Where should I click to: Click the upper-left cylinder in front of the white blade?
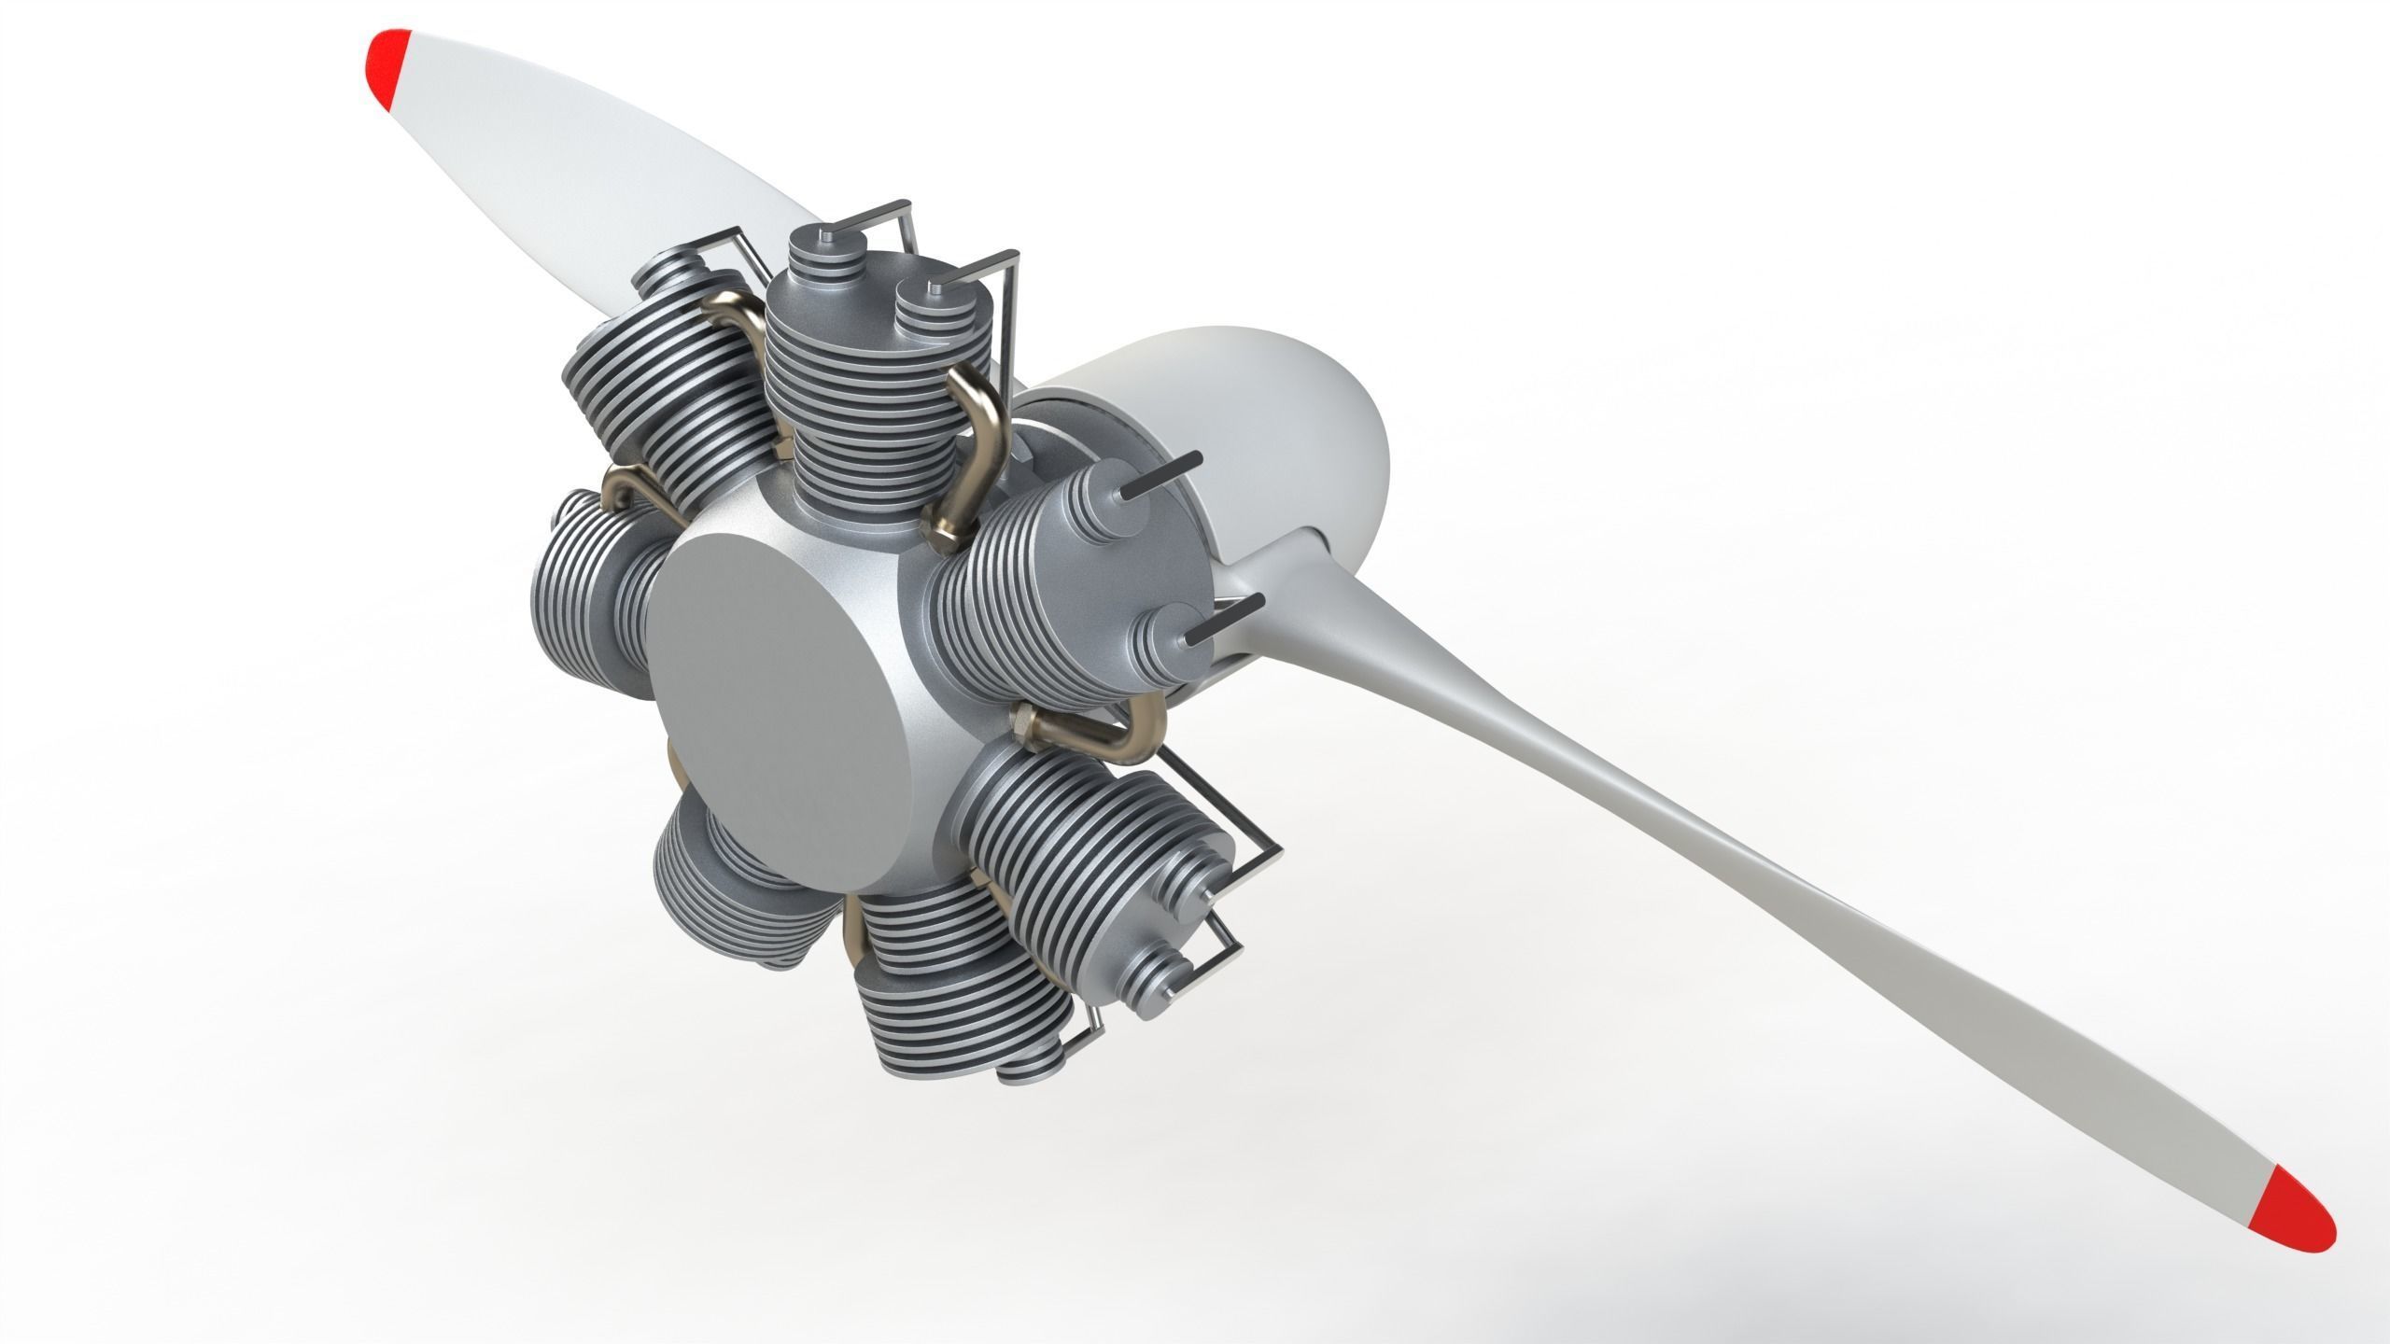click(654, 373)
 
